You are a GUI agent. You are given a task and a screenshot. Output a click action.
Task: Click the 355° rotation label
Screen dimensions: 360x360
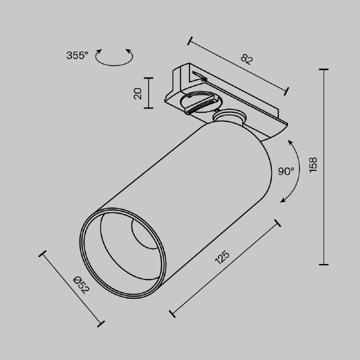77,56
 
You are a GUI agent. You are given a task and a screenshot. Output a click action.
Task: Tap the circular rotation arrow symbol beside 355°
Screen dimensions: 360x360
114,56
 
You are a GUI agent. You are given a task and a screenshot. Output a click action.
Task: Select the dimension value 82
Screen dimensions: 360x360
245,59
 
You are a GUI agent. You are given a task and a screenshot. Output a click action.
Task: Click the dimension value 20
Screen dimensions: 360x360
137,93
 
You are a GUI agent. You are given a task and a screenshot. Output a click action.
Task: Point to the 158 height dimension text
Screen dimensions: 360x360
313,165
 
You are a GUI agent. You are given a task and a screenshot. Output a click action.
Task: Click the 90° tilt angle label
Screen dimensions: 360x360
286,171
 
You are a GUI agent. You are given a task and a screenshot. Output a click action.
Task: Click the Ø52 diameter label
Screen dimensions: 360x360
80,284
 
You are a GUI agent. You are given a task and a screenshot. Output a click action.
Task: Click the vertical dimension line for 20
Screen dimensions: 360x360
149,93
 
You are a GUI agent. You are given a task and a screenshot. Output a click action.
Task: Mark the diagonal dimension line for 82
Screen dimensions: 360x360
238,67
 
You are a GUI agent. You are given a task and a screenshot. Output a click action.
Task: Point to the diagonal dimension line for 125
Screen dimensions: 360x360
225,268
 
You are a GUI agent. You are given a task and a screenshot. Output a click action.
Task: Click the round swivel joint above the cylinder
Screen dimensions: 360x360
230,118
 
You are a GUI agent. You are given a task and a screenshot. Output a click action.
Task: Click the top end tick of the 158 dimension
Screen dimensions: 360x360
325,70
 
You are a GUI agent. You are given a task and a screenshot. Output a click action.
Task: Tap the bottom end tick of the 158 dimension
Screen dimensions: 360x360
325,264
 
